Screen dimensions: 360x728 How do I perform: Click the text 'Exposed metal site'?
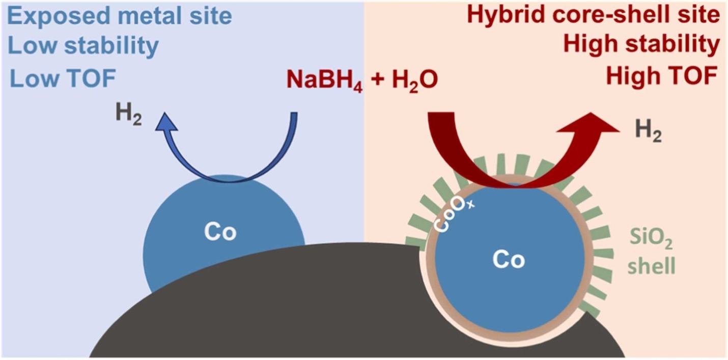[x=120, y=16]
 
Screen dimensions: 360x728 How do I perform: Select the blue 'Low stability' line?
[x=85, y=46]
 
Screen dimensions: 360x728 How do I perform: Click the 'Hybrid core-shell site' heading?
[x=594, y=15]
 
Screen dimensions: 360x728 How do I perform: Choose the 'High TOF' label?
[x=661, y=77]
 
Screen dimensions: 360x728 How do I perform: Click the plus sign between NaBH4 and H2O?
[x=377, y=80]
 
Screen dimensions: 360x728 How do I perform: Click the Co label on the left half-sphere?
[x=220, y=232]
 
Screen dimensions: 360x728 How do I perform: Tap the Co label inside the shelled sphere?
[x=508, y=260]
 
